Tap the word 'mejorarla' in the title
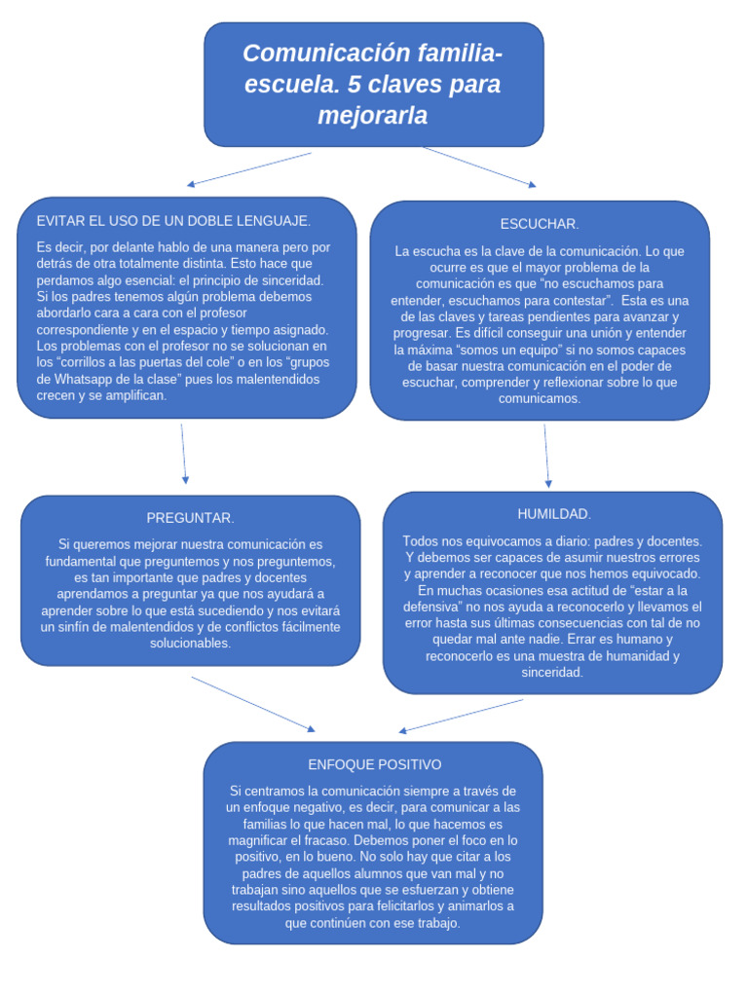pos(373,116)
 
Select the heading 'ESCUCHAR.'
pos(540,224)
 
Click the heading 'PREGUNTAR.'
pos(190,518)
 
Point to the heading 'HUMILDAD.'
pos(553,513)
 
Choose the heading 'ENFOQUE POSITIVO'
pos(374,764)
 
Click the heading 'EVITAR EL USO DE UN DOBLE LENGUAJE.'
pos(173,221)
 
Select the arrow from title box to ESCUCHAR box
pos(479,166)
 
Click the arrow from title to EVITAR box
pos(249,168)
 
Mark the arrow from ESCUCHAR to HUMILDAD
pos(546,455)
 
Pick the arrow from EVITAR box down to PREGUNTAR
pos(183,453)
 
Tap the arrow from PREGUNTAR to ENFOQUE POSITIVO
pos(253,704)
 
